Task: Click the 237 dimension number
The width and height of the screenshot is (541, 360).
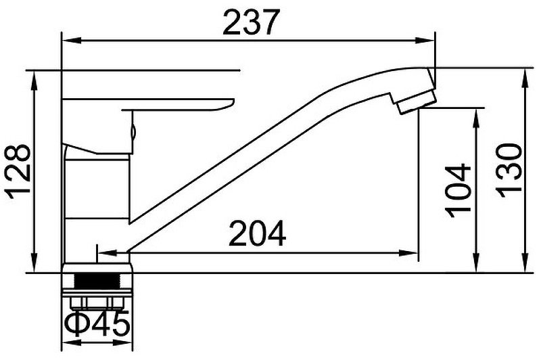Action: (250, 22)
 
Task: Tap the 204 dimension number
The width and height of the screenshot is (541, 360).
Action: (258, 233)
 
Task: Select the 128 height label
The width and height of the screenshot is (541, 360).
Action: (18, 171)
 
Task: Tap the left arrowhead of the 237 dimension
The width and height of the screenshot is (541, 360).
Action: (71, 41)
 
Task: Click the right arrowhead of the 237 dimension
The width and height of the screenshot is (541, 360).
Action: (425, 41)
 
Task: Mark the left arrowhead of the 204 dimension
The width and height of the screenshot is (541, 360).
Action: (108, 253)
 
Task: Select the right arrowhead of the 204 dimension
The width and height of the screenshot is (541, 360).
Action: (409, 253)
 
